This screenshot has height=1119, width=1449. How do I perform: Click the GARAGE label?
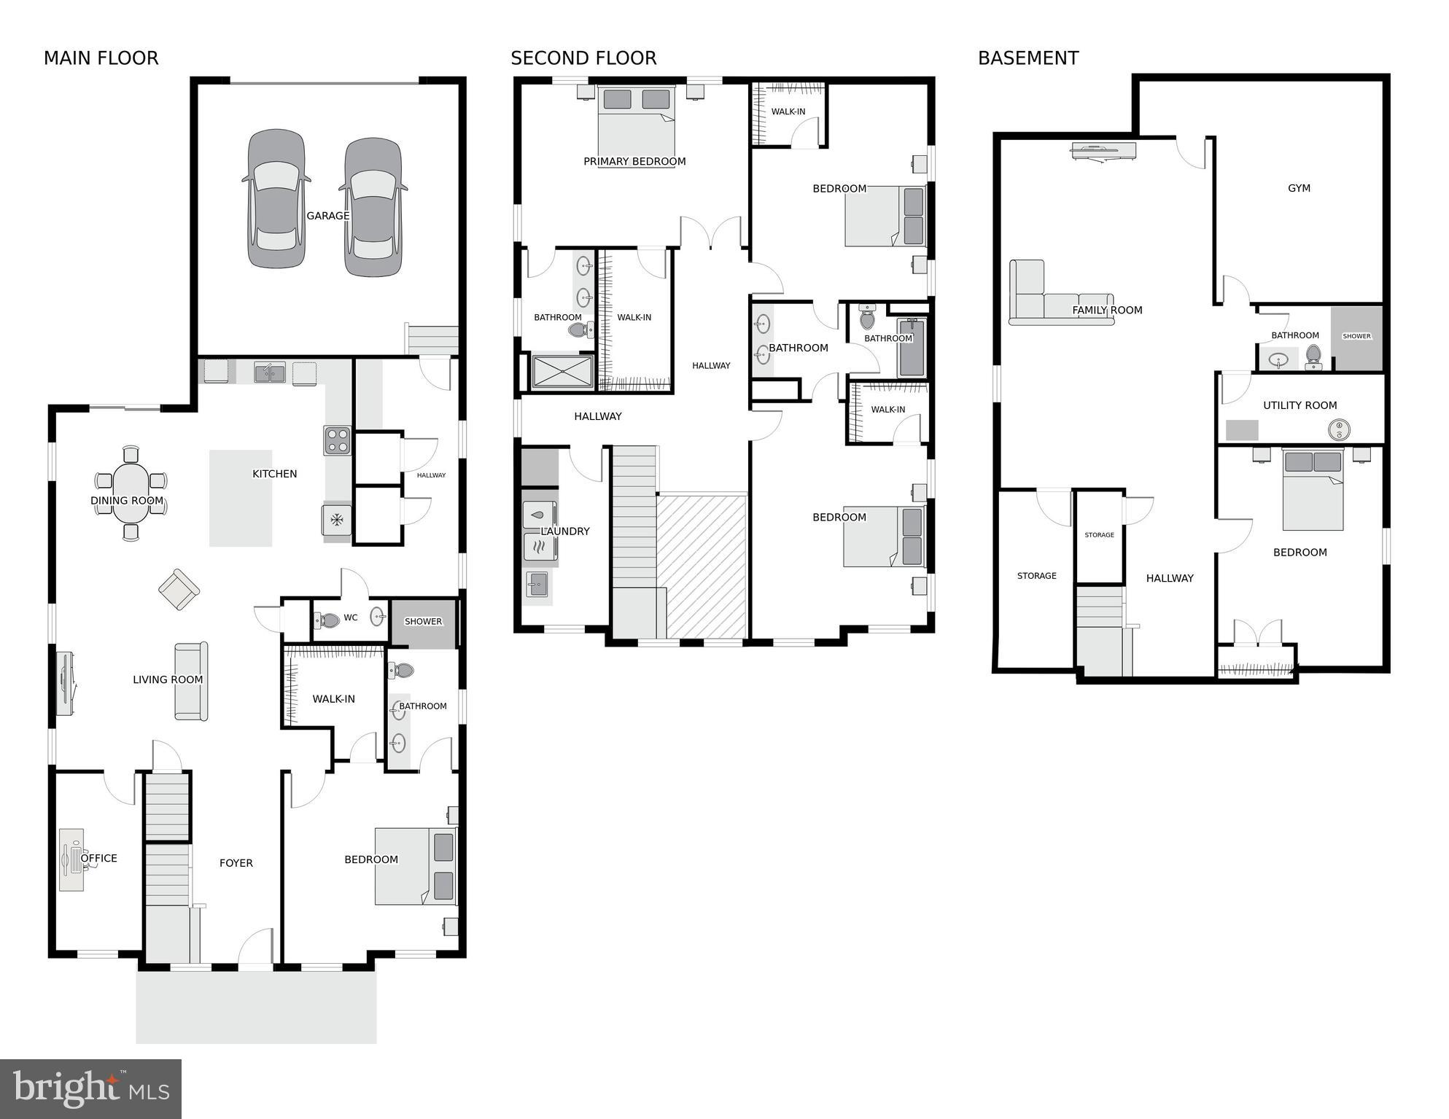tap(327, 216)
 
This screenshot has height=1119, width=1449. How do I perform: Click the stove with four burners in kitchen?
tap(338, 441)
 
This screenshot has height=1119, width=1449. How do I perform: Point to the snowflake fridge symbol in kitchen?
tap(337, 520)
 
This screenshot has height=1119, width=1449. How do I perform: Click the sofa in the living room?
tap(192, 681)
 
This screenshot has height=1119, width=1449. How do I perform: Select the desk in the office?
tap(71, 859)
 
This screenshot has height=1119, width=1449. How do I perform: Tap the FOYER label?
tap(236, 863)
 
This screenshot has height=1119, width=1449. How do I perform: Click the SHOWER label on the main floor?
tap(423, 622)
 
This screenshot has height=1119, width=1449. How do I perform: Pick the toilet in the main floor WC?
tap(327, 620)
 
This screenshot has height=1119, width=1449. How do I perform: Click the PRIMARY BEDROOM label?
tap(634, 162)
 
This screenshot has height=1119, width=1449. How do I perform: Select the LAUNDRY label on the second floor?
tap(565, 531)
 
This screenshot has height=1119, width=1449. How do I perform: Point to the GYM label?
tap(1299, 188)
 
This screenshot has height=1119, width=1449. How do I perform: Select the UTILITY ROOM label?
tap(1300, 405)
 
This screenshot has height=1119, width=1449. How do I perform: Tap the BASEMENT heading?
tap(1027, 58)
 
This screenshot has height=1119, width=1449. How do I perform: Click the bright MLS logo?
tap(90, 1089)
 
